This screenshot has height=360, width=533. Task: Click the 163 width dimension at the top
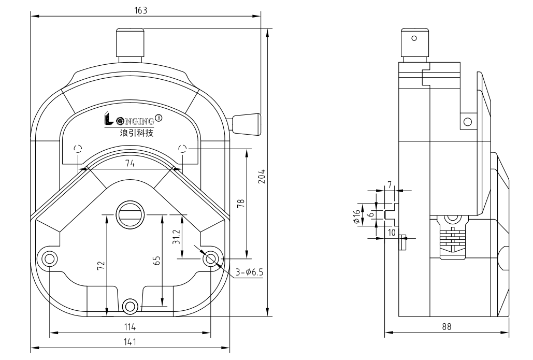tap(141, 10)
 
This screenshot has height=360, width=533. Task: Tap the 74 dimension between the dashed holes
tap(129, 163)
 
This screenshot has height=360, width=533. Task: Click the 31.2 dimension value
tap(177, 237)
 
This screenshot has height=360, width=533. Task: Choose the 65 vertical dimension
tap(156, 260)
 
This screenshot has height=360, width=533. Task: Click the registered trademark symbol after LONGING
tap(159, 118)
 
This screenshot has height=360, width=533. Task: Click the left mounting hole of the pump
tap(50, 258)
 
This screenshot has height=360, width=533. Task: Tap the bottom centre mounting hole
tap(130, 306)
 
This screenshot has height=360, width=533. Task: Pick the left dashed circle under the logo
tap(78, 149)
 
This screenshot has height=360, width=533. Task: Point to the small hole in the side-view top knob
tap(413, 38)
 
